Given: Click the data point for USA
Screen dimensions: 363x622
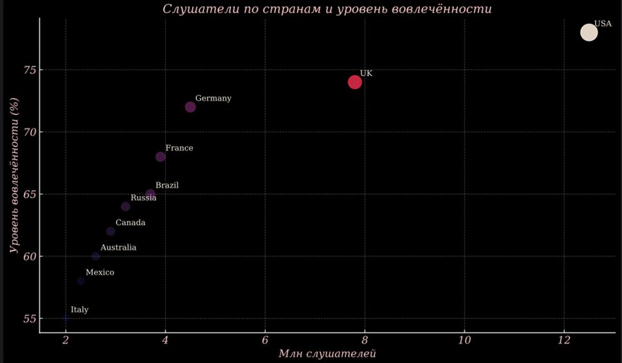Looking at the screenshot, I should pos(589,32).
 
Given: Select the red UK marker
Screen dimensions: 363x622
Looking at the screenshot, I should pos(355,82).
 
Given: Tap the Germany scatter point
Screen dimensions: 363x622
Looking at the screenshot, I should pos(191,107).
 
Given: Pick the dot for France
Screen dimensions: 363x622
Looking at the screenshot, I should pos(160,157).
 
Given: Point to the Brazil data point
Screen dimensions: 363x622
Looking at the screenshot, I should pos(151,194).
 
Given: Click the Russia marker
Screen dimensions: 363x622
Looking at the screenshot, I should pos(126,206).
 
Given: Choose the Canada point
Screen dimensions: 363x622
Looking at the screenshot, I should pos(111,231).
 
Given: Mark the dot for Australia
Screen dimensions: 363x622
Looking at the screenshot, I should pos(95,256).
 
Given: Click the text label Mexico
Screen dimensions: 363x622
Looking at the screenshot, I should pos(100,273).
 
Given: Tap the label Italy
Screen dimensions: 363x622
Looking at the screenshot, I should pos(79,310).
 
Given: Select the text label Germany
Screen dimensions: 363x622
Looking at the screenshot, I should pos(213,99).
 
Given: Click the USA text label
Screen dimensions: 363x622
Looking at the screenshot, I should pos(603,23).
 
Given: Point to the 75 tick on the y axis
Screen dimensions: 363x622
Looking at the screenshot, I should pos(30,70).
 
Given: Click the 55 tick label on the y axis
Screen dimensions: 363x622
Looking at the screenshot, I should pos(30,319).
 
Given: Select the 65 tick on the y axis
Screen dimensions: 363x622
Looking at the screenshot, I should pos(30,194).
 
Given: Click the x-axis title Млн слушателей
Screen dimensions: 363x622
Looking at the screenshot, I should pos(327,355).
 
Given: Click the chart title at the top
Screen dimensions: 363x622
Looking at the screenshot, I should pos(328,9).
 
